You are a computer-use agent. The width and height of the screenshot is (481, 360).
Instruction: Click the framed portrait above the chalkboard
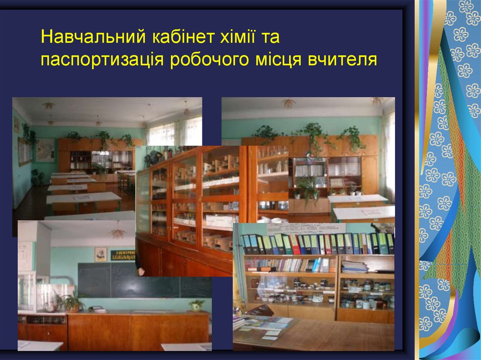tap(101, 254)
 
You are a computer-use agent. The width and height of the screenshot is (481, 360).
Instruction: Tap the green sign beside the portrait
tap(123, 255)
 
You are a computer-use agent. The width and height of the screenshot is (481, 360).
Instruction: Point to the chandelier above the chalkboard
tap(117, 232)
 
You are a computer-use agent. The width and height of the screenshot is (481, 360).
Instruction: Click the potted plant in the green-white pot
tap(196, 305)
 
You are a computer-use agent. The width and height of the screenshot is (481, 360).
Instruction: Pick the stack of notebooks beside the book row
tap(355, 267)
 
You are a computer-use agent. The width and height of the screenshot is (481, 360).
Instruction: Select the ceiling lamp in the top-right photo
tap(288, 103)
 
